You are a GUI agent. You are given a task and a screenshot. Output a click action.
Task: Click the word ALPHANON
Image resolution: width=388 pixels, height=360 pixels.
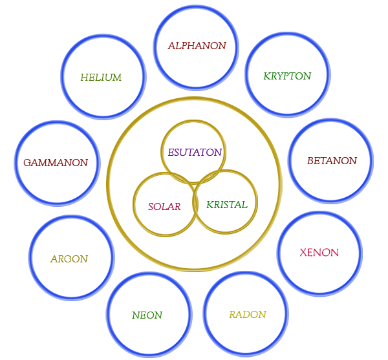197,46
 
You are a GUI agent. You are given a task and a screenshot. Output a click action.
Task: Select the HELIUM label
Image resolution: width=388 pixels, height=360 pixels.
101,78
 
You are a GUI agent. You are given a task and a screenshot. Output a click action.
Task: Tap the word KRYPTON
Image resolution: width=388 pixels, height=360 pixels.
287,76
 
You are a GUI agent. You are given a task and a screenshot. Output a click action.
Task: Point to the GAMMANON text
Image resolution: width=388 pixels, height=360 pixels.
56,163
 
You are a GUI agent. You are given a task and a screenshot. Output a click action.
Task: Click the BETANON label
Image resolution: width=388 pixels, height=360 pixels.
332,161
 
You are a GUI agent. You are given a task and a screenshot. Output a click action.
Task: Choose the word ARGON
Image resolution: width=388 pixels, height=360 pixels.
69,259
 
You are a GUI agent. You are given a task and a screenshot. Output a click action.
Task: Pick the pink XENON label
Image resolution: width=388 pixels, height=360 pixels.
319,253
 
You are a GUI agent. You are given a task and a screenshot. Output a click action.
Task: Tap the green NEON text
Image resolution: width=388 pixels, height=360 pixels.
147,315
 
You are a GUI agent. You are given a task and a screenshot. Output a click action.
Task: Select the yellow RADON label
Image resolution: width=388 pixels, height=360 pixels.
248,315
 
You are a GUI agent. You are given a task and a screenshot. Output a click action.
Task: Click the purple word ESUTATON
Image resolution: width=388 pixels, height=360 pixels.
195,153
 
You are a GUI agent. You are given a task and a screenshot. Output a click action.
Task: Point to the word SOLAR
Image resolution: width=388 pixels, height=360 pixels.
164,207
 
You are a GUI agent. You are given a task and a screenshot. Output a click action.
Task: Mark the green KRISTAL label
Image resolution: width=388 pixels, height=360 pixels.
227,205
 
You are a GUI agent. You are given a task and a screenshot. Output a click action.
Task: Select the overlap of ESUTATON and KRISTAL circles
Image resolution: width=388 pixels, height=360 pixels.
208,176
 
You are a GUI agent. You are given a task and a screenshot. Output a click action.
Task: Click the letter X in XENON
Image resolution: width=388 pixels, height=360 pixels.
303,253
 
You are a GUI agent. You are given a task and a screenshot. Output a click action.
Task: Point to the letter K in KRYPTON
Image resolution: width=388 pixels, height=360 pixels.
266,76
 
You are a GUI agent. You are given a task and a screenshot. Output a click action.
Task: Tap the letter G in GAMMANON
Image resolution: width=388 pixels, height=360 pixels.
27,163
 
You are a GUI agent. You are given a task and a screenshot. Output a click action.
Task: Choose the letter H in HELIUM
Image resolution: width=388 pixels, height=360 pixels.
85,78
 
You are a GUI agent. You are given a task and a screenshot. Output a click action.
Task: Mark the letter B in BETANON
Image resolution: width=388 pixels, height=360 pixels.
310,161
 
